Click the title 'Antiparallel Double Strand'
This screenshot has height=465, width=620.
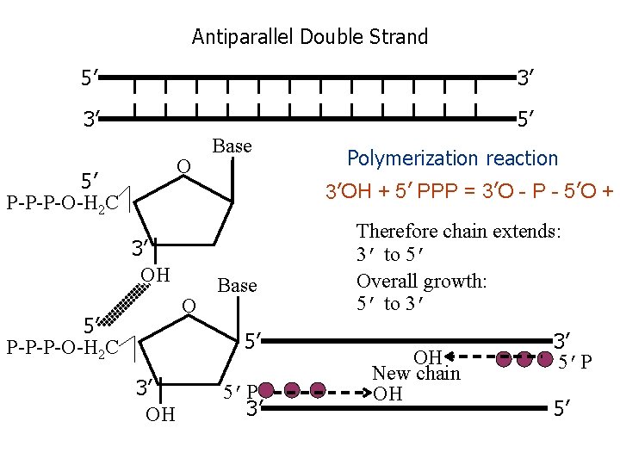309,37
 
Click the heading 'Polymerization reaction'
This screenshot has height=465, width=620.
452,158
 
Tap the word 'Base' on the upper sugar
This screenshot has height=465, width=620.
232,146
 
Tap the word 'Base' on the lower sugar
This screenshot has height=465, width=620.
237,285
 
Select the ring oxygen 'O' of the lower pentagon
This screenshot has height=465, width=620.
188,306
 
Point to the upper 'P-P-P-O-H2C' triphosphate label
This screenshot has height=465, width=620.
62,204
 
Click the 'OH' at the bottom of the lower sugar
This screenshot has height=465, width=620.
160,415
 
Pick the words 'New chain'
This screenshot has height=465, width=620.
416,374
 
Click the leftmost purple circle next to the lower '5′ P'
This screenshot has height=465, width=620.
267,391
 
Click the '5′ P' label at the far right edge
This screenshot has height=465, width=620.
574,363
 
